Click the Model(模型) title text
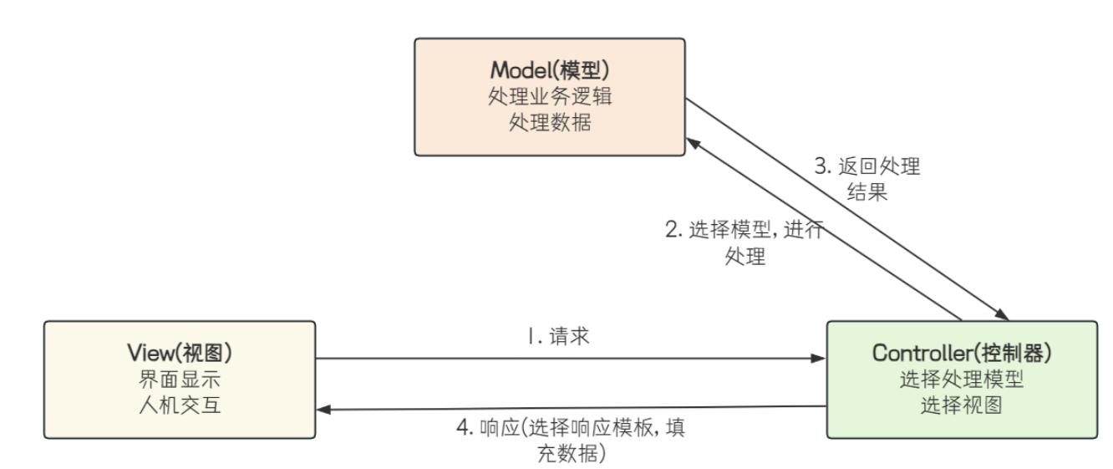pos(549,69)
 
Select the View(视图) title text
pos(178,352)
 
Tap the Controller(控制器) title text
pos(961,352)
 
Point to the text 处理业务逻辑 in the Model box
pos(549,96)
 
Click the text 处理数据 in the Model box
pos(549,122)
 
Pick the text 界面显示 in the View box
pos(178,380)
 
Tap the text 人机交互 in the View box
pos(178,405)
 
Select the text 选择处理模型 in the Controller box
pos(961,380)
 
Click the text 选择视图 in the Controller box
pos(961,405)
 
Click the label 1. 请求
pos(557,339)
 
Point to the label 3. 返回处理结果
pos(867,179)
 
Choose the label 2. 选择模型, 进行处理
pos(745,242)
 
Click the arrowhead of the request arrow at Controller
pos(820,359)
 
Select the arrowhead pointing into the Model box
pos(694,144)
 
